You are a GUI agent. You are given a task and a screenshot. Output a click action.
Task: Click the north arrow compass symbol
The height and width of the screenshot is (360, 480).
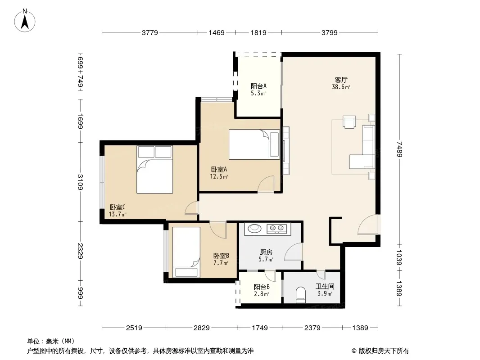coord(25,21)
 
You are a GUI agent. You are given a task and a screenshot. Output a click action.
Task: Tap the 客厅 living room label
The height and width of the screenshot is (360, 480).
coord(341,80)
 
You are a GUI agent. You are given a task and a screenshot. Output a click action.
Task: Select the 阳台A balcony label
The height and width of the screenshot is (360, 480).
coord(258,86)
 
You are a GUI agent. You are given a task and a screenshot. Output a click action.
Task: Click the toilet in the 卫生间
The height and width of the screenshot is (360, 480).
coord(301,295)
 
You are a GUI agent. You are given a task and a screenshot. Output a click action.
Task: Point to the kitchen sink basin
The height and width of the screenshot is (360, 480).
coord(254,228)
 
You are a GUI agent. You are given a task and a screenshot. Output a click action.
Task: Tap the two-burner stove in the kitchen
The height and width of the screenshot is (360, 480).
coord(277,229)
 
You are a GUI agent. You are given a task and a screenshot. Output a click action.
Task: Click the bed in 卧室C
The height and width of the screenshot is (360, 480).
coord(154,170)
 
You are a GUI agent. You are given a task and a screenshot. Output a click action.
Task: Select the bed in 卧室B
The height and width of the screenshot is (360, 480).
coord(186,252)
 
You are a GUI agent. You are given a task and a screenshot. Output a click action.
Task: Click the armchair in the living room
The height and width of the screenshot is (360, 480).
coord(349,122)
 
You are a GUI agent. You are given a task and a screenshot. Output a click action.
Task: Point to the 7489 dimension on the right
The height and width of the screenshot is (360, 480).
coord(399,149)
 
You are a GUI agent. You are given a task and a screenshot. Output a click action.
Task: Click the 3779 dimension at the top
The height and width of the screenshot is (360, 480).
coord(149,32)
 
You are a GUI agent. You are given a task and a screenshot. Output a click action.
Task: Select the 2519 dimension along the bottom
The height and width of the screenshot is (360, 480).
coord(134,328)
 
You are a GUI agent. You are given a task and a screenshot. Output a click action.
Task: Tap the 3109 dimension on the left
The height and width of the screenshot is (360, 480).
coord(80,182)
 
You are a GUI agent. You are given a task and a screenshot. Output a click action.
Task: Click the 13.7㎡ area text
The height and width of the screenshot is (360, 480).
coord(118,214)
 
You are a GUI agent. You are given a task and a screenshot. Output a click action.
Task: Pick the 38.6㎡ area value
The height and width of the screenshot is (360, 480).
coord(341,87)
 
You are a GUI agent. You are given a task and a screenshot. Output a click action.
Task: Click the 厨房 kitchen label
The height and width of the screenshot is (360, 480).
coord(266,252)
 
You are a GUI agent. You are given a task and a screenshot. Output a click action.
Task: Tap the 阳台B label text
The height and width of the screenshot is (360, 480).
coord(262,287)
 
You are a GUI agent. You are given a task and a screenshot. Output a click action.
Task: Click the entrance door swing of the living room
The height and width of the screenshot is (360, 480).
coord(369,225)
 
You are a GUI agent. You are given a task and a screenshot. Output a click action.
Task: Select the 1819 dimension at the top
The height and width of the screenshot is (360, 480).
coord(258,32)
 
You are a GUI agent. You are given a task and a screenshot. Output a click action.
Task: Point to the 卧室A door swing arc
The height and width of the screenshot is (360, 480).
coord(265,184)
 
